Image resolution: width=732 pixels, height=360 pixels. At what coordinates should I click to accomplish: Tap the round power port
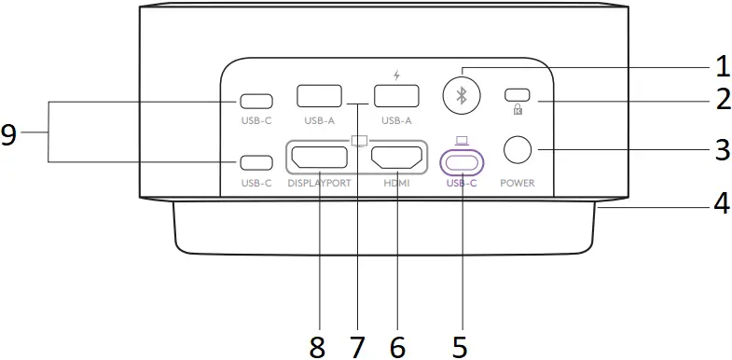click(x=518, y=149)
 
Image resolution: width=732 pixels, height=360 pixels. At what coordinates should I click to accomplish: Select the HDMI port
click(x=396, y=159)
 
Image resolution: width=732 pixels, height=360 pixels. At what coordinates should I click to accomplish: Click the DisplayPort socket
click(x=320, y=159)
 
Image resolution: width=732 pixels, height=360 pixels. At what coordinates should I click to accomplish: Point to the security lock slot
click(x=517, y=95)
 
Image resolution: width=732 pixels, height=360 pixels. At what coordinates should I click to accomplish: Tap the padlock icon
click(x=517, y=110)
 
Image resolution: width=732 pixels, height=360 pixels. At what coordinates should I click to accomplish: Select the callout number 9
click(x=9, y=135)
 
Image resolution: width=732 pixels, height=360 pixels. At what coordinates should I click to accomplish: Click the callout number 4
click(x=721, y=203)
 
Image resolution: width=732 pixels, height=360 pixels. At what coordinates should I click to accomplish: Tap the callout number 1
click(x=721, y=65)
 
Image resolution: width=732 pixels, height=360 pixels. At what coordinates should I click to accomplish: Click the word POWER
click(x=517, y=183)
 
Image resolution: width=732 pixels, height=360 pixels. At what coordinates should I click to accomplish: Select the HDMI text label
click(x=396, y=183)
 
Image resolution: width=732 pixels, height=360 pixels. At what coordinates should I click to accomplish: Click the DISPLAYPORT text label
click(x=319, y=183)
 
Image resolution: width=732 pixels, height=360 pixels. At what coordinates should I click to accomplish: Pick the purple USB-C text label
click(x=462, y=183)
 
